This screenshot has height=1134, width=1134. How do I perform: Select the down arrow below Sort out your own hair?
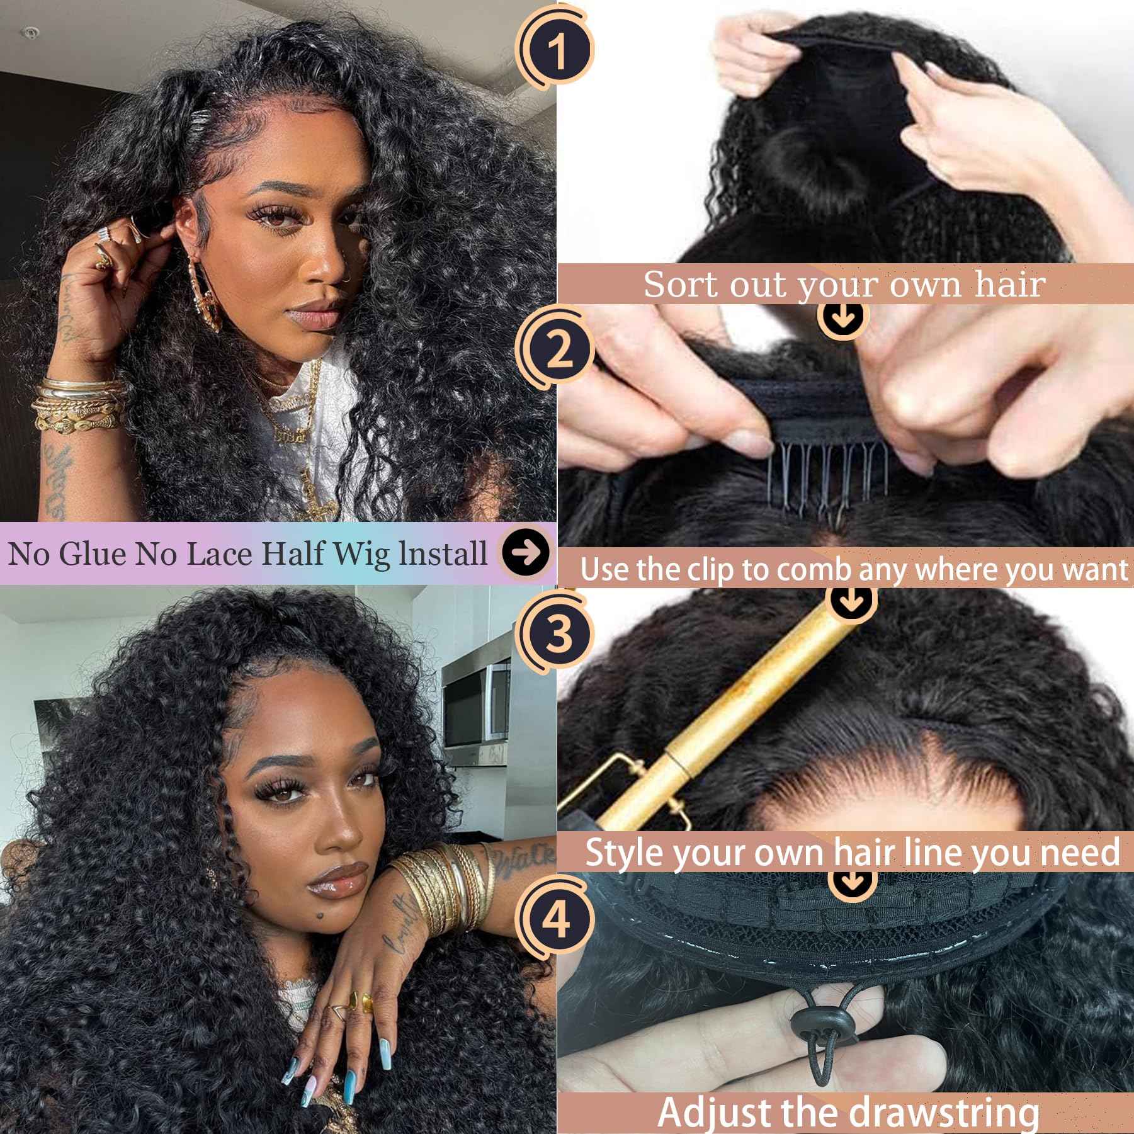(x=844, y=317)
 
